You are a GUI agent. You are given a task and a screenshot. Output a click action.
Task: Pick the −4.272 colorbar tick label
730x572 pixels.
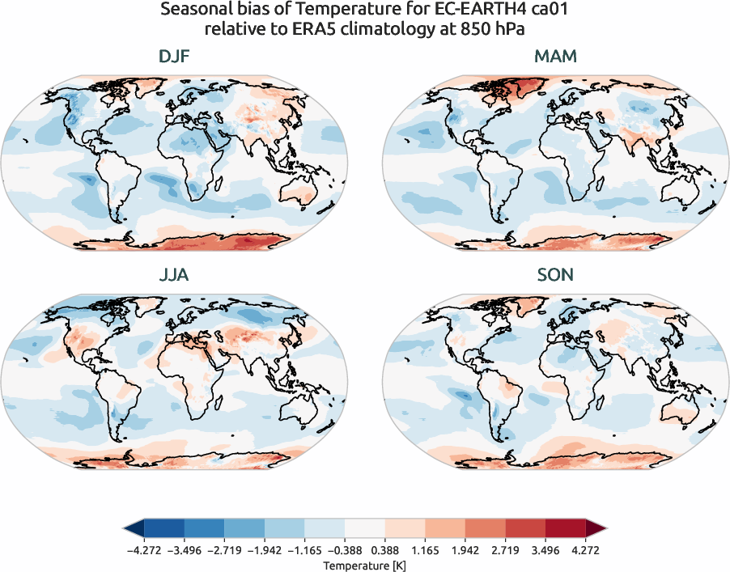point(144,550)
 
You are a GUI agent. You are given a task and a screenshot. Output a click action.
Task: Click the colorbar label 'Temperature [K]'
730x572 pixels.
point(365,563)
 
